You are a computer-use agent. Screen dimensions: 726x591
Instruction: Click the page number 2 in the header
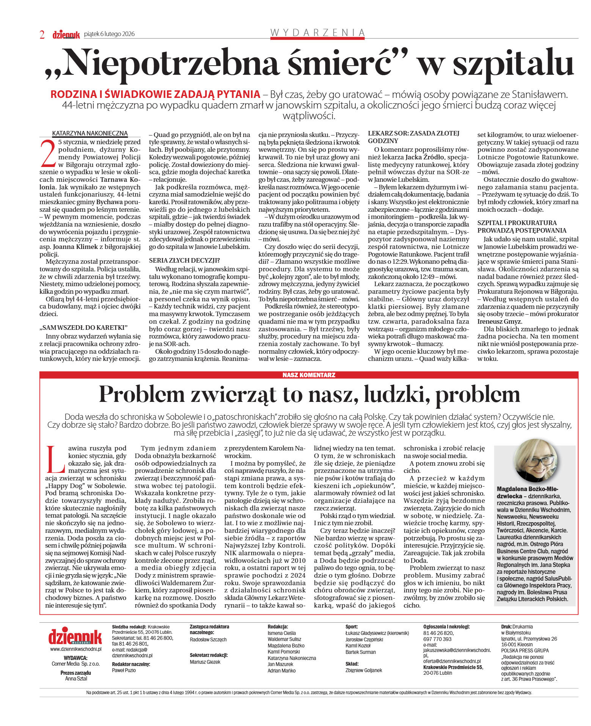click(42, 35)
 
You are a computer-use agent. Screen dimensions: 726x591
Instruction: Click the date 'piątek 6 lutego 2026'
click(109, 34)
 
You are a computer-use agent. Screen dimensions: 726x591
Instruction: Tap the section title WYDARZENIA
click(318, 33)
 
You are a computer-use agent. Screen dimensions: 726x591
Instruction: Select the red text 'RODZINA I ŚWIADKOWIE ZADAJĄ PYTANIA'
click(156, 94)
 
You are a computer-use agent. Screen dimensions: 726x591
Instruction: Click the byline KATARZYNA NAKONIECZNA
click(90, 133)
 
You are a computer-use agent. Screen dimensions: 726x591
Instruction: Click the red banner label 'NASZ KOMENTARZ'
click(309, 375)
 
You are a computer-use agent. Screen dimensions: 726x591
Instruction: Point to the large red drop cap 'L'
click(55, 459)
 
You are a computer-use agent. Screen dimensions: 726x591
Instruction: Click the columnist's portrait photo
click(535, 461)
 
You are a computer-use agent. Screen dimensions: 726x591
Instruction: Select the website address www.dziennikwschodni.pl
click(76, 649)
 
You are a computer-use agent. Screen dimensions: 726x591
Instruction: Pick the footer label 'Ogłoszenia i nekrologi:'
click(446, 627)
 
